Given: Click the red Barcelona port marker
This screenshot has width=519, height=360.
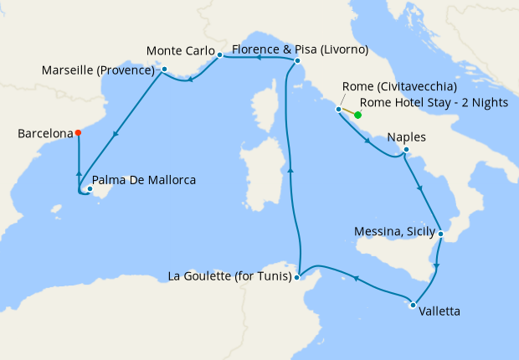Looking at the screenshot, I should (78, 132).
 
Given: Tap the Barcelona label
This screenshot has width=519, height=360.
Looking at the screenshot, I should (44, 132).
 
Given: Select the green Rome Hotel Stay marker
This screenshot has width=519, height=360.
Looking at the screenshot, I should (357, 115).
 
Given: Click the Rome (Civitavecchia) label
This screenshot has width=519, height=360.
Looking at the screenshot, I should (399, 87).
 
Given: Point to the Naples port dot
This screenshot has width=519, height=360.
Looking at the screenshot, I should (406, 151).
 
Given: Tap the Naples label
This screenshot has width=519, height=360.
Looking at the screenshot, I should (407, 137).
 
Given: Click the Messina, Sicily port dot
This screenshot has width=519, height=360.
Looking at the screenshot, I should (440, 234).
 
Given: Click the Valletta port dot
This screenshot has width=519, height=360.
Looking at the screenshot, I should (413, 305).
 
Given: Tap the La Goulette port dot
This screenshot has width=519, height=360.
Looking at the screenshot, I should (298, 275).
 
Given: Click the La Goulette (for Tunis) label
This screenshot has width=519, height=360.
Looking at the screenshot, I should (230, 275).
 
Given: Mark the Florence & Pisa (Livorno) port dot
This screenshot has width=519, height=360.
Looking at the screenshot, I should (297, 60).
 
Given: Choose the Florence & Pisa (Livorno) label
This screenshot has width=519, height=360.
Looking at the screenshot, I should (300, 49).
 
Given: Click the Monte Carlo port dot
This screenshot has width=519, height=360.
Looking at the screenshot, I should (219, 56).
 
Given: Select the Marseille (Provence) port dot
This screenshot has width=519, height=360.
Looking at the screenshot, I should (165, 69).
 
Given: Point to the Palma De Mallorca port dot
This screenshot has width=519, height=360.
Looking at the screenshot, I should (90, 188).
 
